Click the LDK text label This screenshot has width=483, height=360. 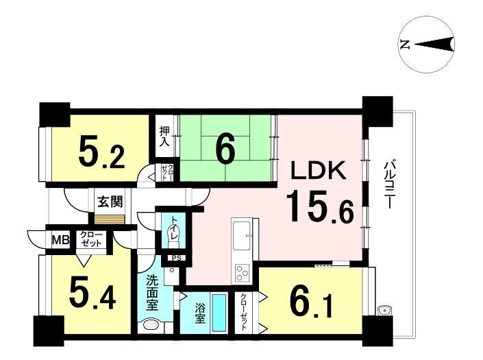(x=319, y=171)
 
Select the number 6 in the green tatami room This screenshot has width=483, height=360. (x=226, y=149)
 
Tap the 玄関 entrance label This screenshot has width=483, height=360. (x=110, y=202)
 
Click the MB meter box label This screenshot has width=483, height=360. (x=60, y=239)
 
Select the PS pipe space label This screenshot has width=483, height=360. (x=177, y=259)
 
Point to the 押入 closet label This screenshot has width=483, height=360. (x=165, y=136)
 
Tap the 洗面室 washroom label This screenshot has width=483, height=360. (x=152, y=293)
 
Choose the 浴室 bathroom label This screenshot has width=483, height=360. (x=199, y=314)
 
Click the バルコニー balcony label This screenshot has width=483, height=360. (x=388, y=185)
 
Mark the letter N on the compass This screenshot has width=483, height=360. (x=404, y=45)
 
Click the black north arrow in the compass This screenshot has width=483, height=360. (x=434, y=44)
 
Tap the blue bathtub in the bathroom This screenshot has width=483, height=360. (x=219, y=313)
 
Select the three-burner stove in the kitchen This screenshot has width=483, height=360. (x=243, y=272)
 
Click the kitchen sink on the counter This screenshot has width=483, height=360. (x=243, y=235)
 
